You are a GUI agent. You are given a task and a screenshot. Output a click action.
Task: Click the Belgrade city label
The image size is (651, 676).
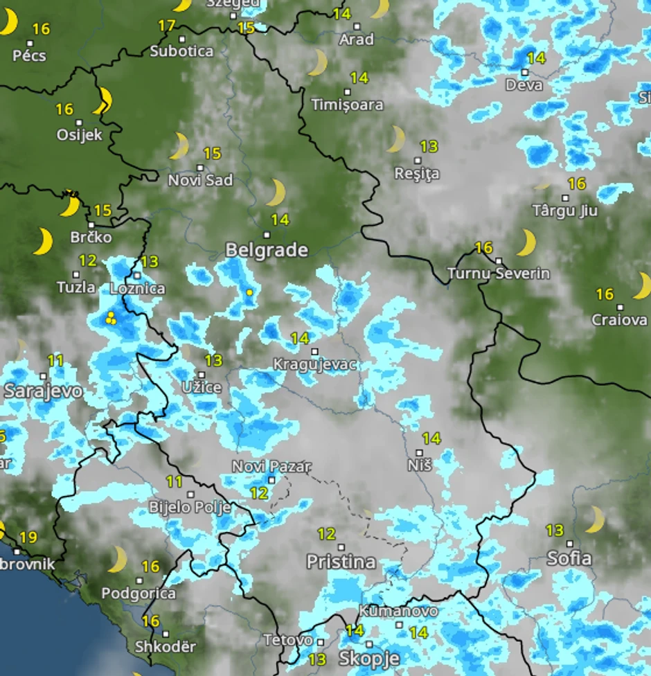pos(267,250)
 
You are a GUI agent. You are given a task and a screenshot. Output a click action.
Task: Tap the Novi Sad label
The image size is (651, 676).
pos(201,180)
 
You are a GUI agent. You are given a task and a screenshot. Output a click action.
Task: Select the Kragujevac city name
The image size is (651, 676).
pos(315,364)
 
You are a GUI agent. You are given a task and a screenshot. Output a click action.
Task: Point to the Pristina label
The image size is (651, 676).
pos(341,561)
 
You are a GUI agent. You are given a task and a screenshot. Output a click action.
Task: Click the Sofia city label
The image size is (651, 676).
pos(569,558)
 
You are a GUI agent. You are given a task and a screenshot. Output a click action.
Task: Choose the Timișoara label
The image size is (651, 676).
pos(348,105)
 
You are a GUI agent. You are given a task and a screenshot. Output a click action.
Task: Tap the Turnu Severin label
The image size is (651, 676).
pos(499,274)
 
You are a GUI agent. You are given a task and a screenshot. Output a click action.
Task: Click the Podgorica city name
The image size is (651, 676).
pos(139,594)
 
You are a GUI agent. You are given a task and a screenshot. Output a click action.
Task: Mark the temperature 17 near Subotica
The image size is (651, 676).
pos(166,26)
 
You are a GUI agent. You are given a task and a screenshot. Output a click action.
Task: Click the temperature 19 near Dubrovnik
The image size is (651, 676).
pos(28,537)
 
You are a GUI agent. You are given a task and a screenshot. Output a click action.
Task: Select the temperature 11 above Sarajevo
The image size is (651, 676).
pos(55,360)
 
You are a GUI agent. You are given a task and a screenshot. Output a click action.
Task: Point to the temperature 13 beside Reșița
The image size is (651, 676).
pos(429,146)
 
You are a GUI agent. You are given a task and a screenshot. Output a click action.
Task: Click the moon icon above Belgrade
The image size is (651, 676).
pos(276,193)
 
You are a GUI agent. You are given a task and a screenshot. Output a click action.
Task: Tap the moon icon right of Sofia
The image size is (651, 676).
pos(594,519)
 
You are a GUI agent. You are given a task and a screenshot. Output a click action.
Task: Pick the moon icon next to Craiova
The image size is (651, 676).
pos(642,285)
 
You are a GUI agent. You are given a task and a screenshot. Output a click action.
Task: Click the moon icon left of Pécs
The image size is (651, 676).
pos(8,23)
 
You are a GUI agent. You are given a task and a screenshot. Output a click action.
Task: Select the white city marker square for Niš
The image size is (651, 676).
pos(419,453)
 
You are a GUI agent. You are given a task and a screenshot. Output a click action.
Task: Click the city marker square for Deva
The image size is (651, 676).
pos(525,72)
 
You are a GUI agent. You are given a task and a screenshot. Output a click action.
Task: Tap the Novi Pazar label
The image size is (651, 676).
pos(271,467)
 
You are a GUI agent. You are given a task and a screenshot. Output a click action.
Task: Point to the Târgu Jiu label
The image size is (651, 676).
pos(565,210)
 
